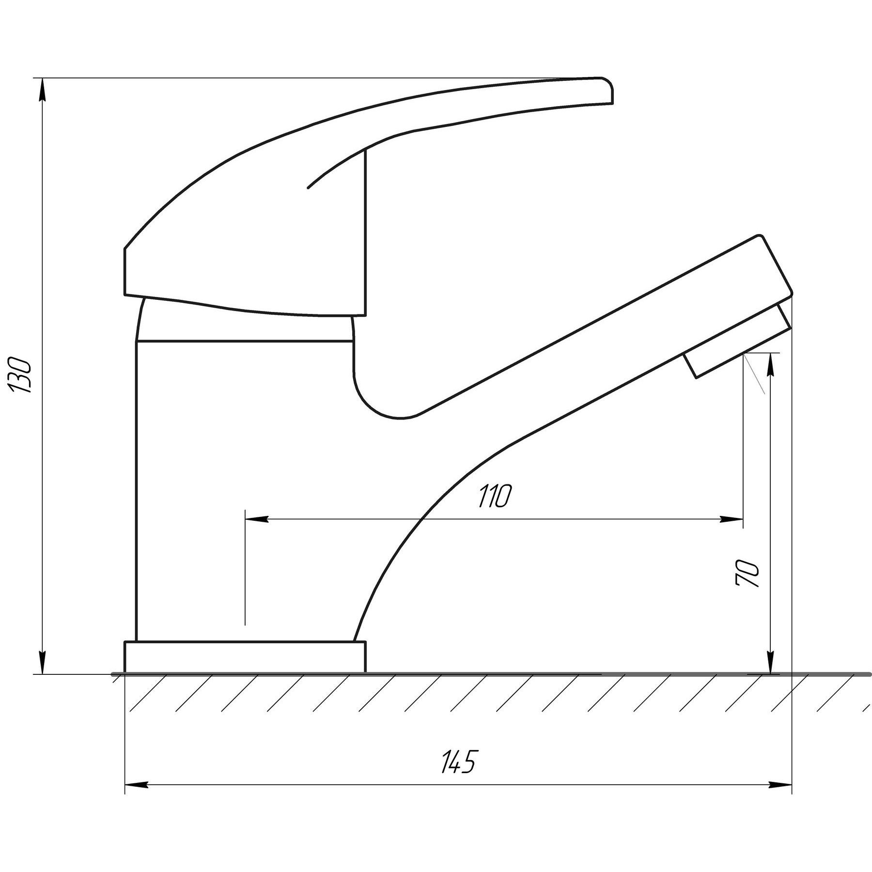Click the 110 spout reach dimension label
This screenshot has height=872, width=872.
(x=495, y=495)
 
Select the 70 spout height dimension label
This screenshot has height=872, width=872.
(x=747, y=574)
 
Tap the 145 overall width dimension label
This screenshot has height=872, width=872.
(x=458, y=762)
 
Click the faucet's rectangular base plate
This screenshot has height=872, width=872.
(x=245, y=657)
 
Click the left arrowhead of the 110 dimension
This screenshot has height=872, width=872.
(x=257, y=519)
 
